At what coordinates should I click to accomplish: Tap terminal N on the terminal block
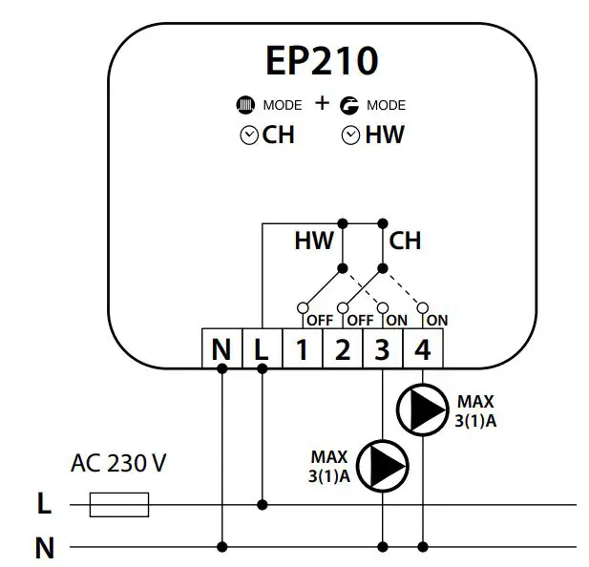point(221,350)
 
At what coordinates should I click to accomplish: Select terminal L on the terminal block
point(262,350)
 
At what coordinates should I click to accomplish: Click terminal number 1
point(302,350)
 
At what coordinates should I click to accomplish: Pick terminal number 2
point(342,350)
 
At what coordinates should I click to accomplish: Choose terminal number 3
point(382,350)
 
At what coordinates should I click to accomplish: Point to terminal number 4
point(422,350)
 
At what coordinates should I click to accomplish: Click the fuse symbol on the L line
point(119,504)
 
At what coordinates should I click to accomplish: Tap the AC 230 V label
point(118,465)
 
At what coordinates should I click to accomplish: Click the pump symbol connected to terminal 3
point(383,465)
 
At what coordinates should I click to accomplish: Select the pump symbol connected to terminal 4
point(422,409)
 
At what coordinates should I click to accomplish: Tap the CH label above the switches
point(405,241)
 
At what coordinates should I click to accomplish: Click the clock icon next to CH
point(248,136)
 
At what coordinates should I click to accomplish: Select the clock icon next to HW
point(350,136)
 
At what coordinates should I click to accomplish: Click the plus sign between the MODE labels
point(322,103)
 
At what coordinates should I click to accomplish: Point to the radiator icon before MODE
point(245,105)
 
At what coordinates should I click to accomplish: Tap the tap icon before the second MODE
point(348,105)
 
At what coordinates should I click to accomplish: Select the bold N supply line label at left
point(44,548)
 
